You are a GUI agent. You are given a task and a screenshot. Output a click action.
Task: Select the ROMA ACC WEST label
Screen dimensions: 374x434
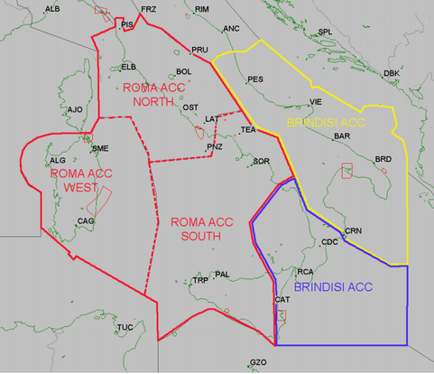pos(74,180)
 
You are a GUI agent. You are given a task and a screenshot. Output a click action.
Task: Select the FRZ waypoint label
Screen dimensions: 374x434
pos(149,8)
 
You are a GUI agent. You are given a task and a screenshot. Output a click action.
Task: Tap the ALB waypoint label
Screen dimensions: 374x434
pos(52,8)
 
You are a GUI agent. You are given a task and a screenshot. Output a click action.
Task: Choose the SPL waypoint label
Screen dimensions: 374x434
pos(326,32)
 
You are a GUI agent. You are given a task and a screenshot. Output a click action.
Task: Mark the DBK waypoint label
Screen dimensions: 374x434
pos(391,72)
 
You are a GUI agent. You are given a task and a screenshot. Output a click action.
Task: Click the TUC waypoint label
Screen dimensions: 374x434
pos(125,327)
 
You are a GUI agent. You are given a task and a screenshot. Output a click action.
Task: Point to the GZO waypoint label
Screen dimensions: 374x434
pos(258,362)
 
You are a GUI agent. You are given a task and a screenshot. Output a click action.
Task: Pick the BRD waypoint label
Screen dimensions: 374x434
pos(383,159)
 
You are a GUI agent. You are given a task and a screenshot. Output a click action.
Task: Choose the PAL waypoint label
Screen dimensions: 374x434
pos(223,274)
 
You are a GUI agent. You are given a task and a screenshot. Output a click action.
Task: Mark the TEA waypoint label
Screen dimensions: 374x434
pos(249,130)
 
